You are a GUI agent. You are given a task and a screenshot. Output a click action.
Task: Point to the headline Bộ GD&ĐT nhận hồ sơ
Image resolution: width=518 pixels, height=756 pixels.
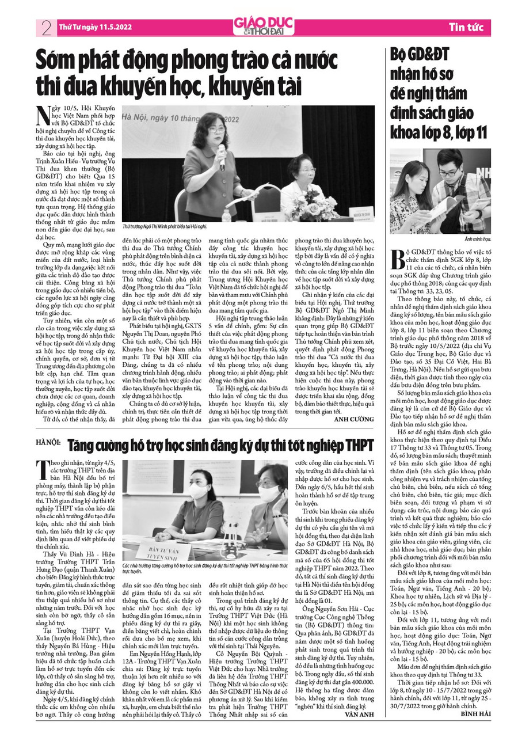pos(437,95)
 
